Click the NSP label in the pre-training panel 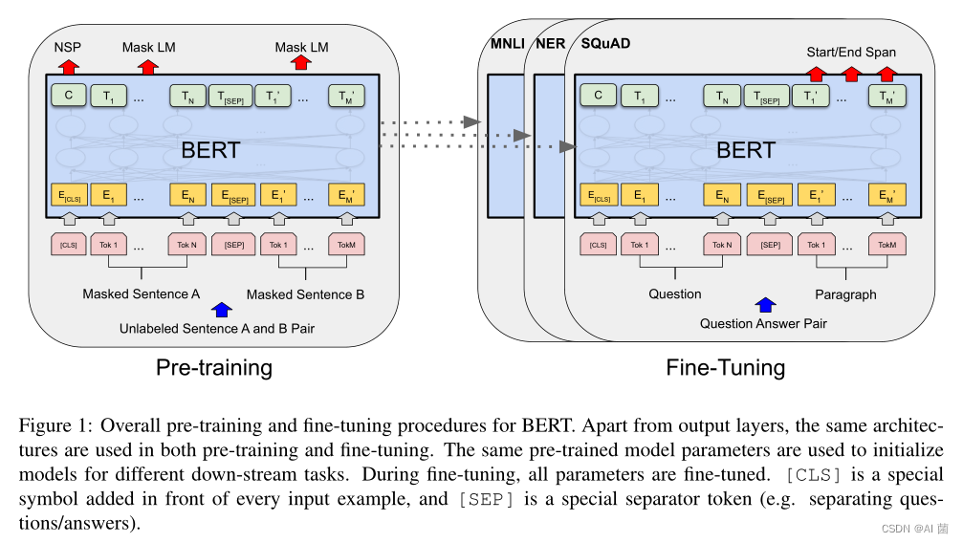[67, 46]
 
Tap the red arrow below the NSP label [68, 66]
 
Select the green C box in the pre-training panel [69, 96]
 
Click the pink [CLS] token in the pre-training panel [69, 245]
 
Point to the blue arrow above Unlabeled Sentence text [222, 309]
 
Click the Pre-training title [215, 367]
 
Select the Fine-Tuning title [725, 367]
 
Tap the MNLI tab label [505, 44]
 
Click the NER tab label [550, 44]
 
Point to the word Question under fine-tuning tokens [675, 293]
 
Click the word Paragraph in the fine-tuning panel [845, 293]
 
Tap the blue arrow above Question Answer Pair [765, 305]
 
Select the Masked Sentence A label [141, 293]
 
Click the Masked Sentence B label [305, 293]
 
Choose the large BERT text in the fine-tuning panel [745, 150]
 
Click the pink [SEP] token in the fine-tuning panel [769, 245]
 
